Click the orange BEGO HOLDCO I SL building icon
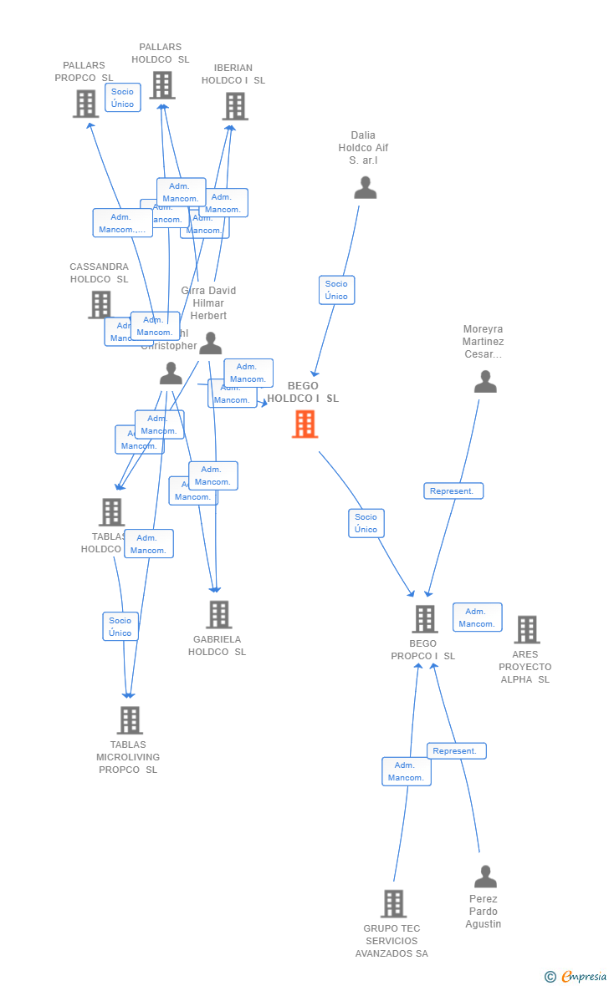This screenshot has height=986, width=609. coord(304,424)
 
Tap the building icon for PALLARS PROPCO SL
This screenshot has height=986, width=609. coord(85,104)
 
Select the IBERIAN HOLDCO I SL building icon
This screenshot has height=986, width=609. coord(235,106)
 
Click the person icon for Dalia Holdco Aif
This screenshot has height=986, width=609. coord(365,188)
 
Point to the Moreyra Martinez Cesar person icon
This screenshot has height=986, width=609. coord(485,382)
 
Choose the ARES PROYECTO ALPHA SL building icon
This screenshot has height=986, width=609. coord(526,629)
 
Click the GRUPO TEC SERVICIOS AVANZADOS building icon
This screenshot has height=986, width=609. coord(393,903)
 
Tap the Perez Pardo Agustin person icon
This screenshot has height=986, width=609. coord(485,877)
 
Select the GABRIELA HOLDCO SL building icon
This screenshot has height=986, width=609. coord(218,614)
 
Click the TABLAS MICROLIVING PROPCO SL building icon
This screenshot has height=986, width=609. coord(130,720)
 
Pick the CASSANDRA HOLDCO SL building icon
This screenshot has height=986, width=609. coord(100,305)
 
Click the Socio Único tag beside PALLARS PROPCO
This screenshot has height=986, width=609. coord(122,98)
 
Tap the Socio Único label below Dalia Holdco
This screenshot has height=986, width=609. coord(336,290)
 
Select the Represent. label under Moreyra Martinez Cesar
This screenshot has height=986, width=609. coord(453,491)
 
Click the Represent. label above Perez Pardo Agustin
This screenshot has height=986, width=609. coord(456,751)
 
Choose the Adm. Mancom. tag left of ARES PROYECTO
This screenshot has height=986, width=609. coord(477,618)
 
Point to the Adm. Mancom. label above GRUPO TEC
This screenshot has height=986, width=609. coord(406,771)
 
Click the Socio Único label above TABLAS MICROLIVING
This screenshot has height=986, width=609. coord(120,627)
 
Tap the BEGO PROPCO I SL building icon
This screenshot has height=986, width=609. coord(425,619)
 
